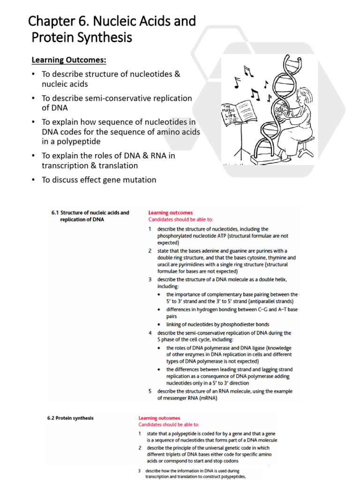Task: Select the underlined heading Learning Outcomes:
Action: point(69,60)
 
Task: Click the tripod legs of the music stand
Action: point(243,150)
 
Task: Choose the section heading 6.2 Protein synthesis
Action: point(70,418)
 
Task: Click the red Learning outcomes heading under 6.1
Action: point(170,213)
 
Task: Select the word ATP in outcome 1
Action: point(238,236)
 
